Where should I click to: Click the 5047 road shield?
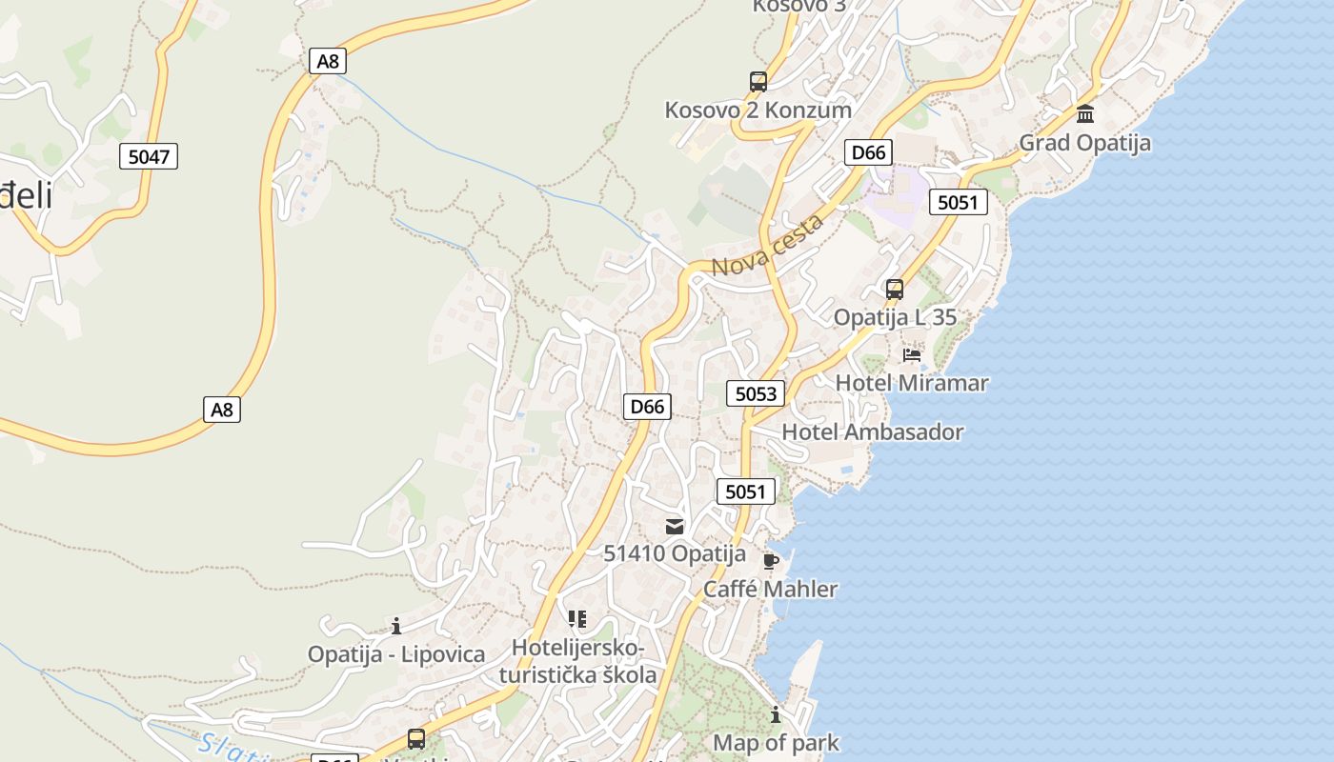pos(149,156)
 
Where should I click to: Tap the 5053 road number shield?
pos(755,393)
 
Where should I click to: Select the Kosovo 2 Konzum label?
pos(758,110)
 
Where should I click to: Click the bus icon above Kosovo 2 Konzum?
pos(758,81)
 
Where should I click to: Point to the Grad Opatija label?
pos(1084,143)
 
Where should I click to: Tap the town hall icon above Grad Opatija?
pos(1084,115)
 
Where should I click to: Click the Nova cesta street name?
pos(766,247)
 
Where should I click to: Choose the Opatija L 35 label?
pos(895,317)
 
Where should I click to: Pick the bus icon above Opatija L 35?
pos(894,289)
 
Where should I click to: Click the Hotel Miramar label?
pos(912,383)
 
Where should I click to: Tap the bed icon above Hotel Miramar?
pos(912,355)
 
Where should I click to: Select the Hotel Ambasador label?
pos(872,431)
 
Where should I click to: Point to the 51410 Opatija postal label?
pos(675,553)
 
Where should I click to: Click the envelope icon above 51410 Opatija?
pos(675,526)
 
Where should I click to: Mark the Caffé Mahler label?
pos(770,589)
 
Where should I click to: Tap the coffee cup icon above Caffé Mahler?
pos(771,561)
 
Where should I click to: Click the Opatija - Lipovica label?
pos(395,654)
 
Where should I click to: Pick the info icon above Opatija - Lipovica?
pos(396,626)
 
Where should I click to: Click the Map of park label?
pos(776,742)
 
